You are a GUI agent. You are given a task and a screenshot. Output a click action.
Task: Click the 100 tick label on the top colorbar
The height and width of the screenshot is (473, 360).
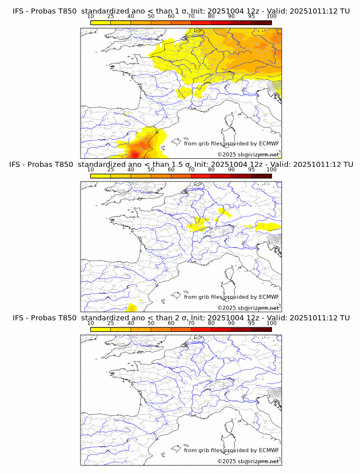pyautogui.click(x=271, y=16)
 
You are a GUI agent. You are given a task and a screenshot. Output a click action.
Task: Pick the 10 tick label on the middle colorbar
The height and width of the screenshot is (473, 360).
pyautogui.click(x=91, y=170)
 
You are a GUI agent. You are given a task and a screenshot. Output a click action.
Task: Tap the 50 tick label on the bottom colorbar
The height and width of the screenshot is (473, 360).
pyautogui.click(x=151, y=323)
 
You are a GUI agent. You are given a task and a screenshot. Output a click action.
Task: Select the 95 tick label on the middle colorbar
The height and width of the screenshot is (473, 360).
pyautogui.click(x=251, y=170)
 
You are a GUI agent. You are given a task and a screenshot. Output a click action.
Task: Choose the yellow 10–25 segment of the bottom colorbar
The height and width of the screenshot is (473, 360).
pyautogui.click(x=101, y=329)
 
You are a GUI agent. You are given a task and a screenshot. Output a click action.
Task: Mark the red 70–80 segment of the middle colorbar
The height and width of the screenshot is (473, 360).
pyautogui.click(x=201, y=175)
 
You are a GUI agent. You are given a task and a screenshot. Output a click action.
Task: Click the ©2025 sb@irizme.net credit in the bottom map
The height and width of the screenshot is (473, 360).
pyautogui.click(x=248, y=461)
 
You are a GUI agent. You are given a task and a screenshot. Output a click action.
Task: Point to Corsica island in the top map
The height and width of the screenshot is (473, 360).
pyautogui.click(x=230, y=122)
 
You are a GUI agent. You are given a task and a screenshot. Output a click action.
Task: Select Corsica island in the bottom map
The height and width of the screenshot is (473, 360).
pyautogui.click(x=230, y=429)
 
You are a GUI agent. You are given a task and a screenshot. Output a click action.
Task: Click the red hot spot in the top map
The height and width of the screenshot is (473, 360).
pyautogui.click(x=134, y=154)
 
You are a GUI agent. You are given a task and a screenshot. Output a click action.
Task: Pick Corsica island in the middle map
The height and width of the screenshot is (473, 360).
pyautogui.click(x=230, y=275)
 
